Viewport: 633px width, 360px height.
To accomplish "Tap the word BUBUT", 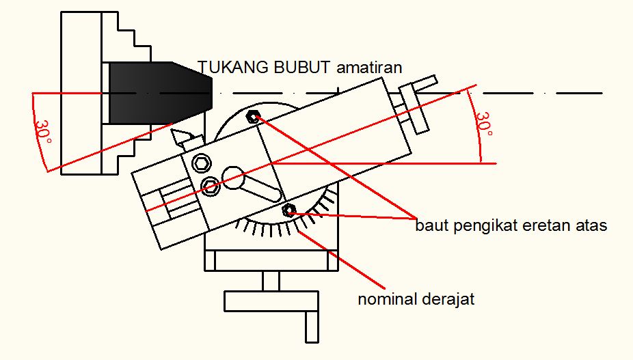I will [294, 67].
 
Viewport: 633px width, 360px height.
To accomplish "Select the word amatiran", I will [369, 67].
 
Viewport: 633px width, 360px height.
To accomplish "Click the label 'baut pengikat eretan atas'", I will [511, 225].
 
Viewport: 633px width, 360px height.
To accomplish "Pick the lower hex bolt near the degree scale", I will [288, 210].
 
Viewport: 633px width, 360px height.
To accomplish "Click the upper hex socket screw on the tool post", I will [201, 163].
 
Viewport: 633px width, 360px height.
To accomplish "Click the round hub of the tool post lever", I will [232, 178].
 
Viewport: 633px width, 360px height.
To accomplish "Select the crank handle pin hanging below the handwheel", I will [312, 325].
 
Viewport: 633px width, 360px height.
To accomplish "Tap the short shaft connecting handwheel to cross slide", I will [271, 280].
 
